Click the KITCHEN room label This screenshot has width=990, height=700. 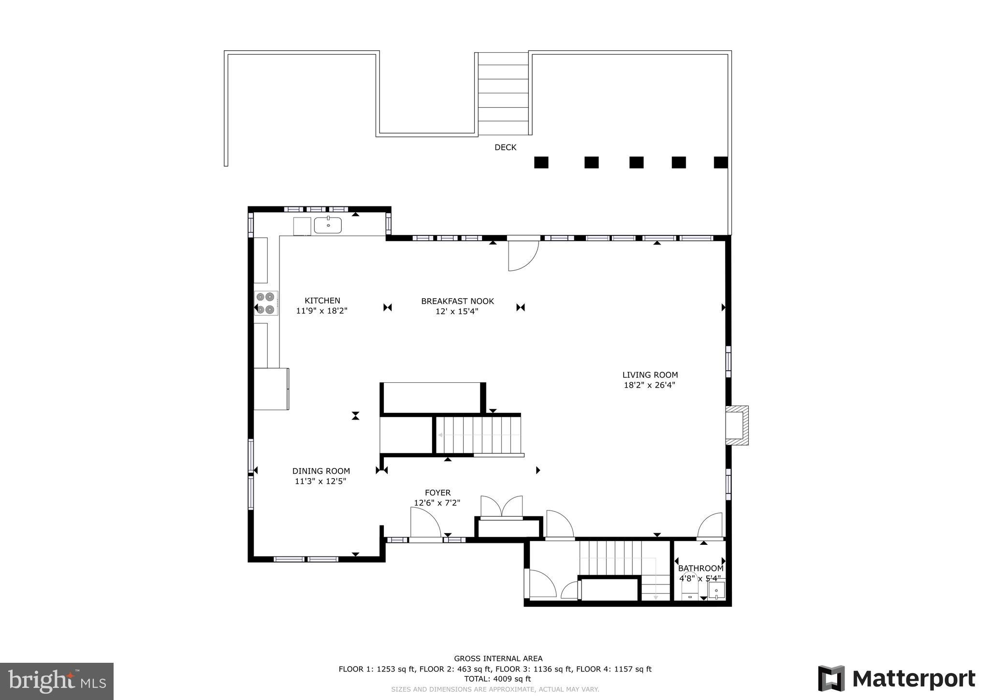(x=322, y=301)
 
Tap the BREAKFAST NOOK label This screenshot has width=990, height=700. (x=457, y=301)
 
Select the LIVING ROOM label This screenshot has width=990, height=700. (x=650, y=375)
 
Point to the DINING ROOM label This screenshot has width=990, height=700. (x=321, y=471)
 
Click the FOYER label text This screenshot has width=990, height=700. (x=437, y=493)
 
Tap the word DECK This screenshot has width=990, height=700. (x=505, y=147)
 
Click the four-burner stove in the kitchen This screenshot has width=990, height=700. (x=266, y=303)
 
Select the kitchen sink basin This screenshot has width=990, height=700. (x=328, y=225)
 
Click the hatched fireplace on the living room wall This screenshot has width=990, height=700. (x=737, y=425)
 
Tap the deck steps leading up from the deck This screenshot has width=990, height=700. (x=503, y=93)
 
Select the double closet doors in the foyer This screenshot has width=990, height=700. (x=502, y=507)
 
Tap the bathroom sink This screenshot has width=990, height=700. (x=717, y=590)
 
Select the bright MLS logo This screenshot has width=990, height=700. (x=57, y=681)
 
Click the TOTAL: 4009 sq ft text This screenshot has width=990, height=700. (x=497, y=679)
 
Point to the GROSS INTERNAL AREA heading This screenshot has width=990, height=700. (x=498, y=658)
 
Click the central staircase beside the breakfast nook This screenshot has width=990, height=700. (x=479, y=435)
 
